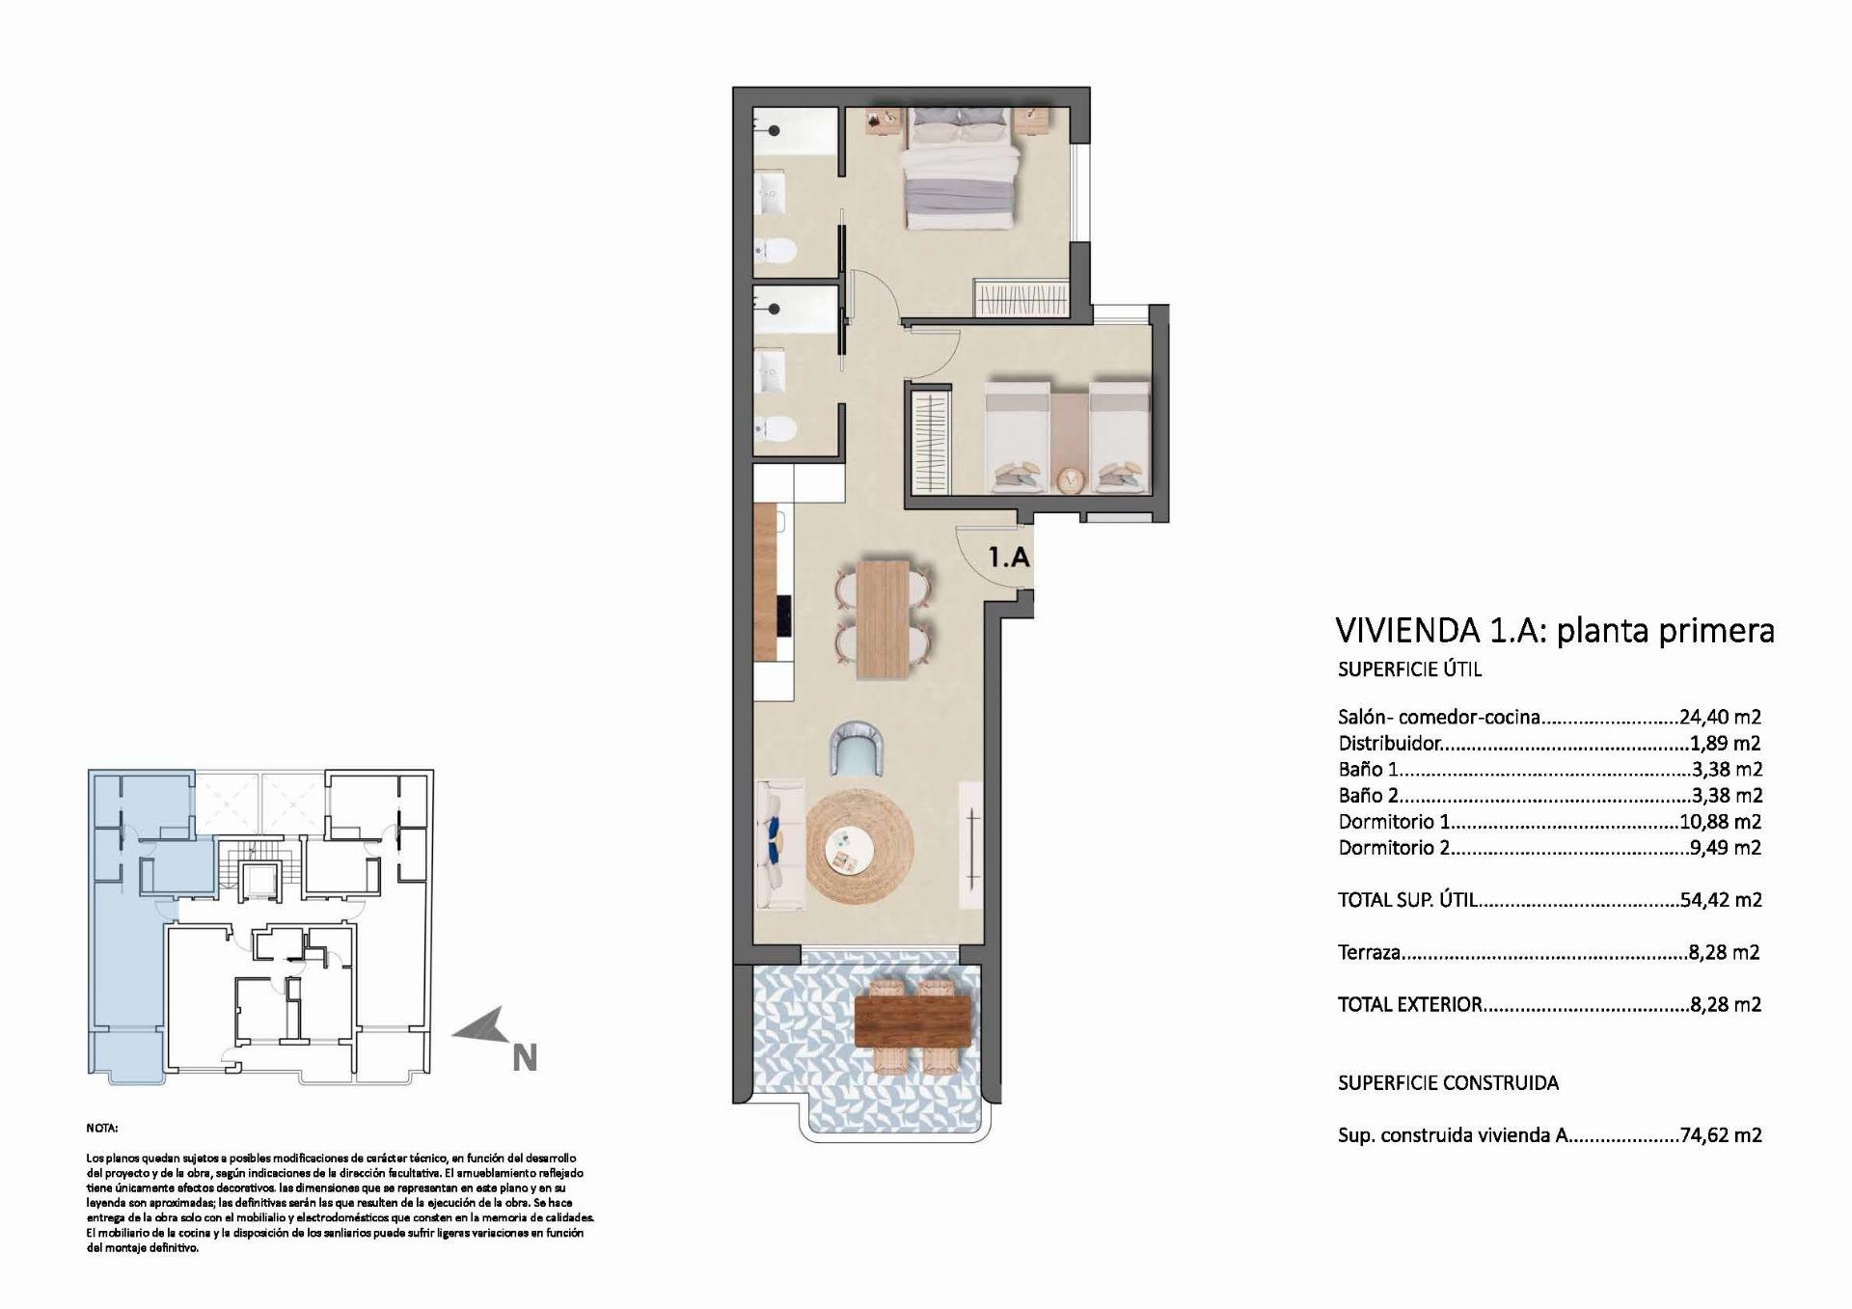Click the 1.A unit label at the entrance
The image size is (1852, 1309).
1009,559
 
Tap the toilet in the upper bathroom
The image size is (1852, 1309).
776,251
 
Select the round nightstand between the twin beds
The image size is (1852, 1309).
1069,479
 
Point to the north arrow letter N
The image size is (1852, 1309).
524,1058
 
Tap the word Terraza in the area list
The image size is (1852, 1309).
1369,952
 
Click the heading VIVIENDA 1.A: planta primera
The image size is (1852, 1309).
1554,630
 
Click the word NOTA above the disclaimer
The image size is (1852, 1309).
101,1128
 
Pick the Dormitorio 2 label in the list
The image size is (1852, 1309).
1393,848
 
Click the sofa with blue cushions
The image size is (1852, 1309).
780,844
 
